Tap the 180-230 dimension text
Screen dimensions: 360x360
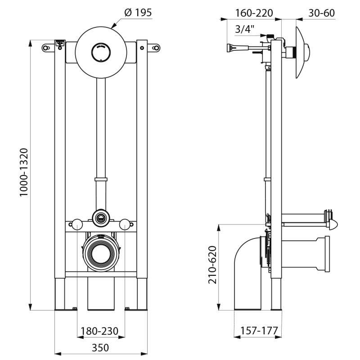[x=99, y=332]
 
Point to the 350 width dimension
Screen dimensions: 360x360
[x=100, y=347]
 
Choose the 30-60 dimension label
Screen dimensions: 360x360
[x=321, y=13]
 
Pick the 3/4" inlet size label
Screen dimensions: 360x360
[x=245, y=29]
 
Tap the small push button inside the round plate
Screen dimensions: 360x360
[x=100, y=52]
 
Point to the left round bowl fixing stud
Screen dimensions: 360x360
[x=78, y=223]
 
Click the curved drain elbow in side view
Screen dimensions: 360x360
[x=245, y=270]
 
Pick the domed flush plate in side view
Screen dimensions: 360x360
[x=301, y=52]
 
